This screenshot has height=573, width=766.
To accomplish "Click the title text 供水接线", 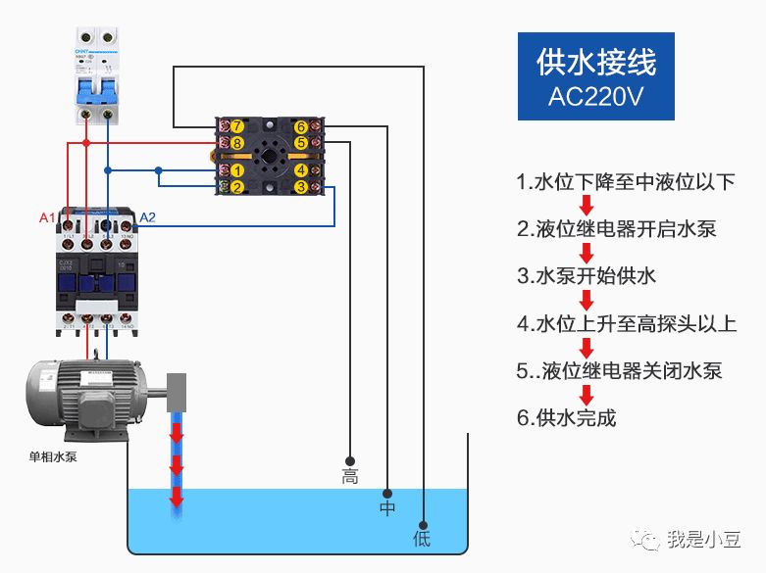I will pos(595,62).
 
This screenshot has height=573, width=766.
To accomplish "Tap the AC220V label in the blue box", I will pos(595,98).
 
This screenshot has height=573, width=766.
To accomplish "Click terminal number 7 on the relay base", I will pos(236,127).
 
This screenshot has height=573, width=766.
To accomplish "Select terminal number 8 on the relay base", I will pos(236,144).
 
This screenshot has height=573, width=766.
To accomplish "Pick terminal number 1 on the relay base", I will pos(236,170).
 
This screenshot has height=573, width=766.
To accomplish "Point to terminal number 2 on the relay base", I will pos(236,186).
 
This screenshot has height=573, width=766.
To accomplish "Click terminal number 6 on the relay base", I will pos(300,127).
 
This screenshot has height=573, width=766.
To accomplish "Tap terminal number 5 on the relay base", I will pos(300,144).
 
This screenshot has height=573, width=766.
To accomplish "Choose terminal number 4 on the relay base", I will pos(300,170).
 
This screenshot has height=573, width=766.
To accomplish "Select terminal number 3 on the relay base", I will pos(300,186).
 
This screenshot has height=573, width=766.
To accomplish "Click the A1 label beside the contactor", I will pos(47,216).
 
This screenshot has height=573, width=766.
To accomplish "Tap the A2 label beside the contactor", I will pos(147,216).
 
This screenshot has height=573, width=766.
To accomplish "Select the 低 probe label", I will pos(422,539).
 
